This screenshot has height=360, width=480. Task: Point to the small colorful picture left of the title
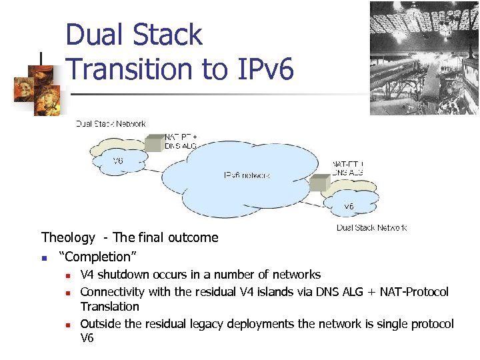tap(39, 86)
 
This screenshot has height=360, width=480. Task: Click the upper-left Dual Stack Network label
tap(111, 123)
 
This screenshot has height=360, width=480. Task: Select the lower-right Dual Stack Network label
tap(371, 227)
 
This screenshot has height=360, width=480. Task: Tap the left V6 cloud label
tap(117, 161)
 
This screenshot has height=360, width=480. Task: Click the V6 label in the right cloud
tap(349, 206)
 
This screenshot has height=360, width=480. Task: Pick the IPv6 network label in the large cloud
tap(247, 175)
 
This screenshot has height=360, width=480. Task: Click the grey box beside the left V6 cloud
tap(155, 143)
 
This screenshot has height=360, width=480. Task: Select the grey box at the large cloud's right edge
tap(320, 183)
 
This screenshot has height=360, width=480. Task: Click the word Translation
tap(110, 307)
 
